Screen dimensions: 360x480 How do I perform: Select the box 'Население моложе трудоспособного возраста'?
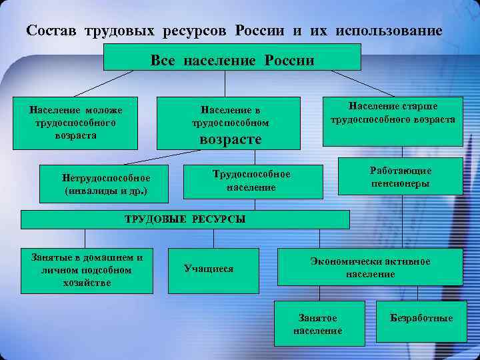[x=75, y=120]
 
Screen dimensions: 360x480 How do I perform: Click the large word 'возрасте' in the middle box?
[x=231, y=139]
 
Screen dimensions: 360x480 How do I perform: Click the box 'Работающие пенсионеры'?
[x=400, y=176]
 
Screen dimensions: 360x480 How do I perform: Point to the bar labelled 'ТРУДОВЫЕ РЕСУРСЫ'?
[x=185, y=219]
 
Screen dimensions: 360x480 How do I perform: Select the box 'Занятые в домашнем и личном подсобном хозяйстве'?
[x=83, y=269]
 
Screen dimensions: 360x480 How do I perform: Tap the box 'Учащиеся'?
[x=213, y=269]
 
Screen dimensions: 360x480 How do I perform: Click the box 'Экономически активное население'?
[x=370, y=267]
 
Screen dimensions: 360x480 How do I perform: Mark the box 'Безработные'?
[x=421, y=318]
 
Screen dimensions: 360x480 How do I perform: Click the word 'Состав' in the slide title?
[x=49, y=31]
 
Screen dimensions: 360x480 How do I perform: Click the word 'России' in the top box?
[x=289, y=61]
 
